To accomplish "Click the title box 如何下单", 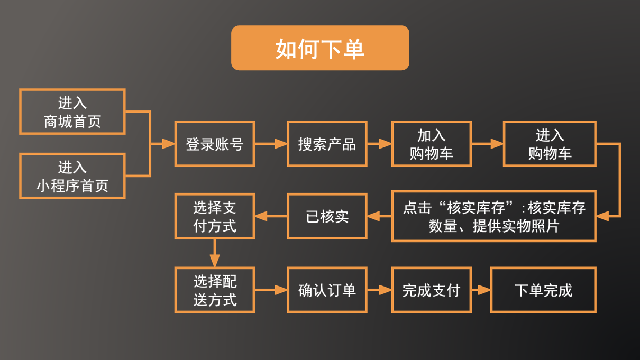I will pyautogui.click(x=320, y=48).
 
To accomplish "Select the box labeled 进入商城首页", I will pyautogui.click(x=72, y=112).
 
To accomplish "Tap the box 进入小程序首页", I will pyautogui.click(x=72, y=176).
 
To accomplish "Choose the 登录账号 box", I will pyautogui.click(x=215, y=144).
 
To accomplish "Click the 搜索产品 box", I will pyautogui.click(x=327, y=144).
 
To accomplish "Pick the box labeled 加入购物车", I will pyautogui.click(x=431, y=144).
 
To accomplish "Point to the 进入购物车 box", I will pyautogui.click(x=550, y=144).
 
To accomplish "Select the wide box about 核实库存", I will pyautogui.click(x=494, y=216).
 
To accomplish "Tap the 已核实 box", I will pyautogui.click(x=327, y=216).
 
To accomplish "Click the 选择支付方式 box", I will pyautogui.click(x=215, y=216).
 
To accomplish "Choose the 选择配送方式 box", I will pyautogui.click(x=215, y=290).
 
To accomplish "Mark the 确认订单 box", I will pyautogui.click(x=327, y=290).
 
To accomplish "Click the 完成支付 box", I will pyautogui.click(x=431, y=290).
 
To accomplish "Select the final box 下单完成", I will pyautogui.click(x=543, y=290).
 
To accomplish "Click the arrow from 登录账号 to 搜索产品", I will pyautogui.click(x=271, y=144).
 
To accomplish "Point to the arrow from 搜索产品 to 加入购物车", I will pyautogui.click(x=379, y=144).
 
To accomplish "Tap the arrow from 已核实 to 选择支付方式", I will pyautogui.click(x=271, y=216).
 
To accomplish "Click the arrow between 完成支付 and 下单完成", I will pyautogui.click(x=481, y=290).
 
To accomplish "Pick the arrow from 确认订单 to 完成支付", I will pyautogui.click(x=379, y=290).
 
